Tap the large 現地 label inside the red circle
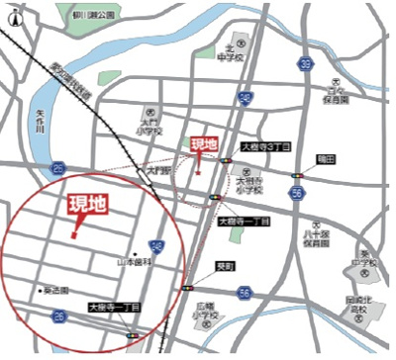point(87,207)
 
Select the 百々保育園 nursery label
point(340,95)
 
